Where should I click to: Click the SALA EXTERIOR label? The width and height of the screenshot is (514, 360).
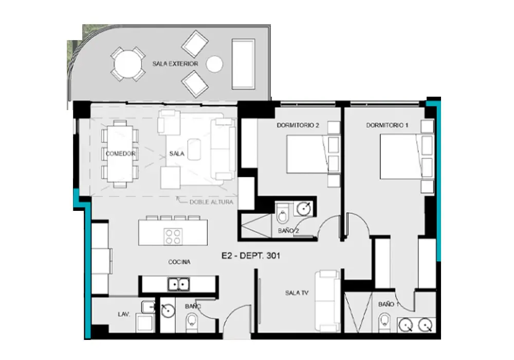click(x=175, y=64)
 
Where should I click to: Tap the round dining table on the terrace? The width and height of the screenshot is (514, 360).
click(x=127, y=64)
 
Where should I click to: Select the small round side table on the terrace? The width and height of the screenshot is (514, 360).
click(x=215, y=64)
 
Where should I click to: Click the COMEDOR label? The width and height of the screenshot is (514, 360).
click(x=120, y=153)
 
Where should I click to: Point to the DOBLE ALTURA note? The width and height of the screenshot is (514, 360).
click(x=211, y=202)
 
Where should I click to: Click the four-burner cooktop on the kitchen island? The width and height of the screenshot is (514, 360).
click(x=173, y=237)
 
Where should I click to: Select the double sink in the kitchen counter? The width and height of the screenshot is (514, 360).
click(x=179, y=284)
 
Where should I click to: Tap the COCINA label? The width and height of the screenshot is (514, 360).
click(x=179, y=262)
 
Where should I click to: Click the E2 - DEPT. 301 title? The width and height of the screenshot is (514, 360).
click(x=251, y=256)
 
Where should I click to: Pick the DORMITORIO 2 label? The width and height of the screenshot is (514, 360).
click(x=298, y=125)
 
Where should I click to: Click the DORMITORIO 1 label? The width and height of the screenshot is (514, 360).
click(x=387, y=125)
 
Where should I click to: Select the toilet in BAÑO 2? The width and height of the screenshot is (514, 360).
click(x=282, y=213)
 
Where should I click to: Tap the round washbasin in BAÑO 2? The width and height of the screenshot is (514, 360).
click(x=304, y=208)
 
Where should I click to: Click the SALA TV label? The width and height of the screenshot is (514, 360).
click(x=297, y=293)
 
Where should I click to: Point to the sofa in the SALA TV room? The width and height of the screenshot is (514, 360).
click(x=327, y=301)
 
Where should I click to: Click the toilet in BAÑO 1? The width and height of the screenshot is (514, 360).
click(x=384, y=322)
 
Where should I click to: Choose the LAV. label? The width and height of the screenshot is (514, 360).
click(x=124, y=314)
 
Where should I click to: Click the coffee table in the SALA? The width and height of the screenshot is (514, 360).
click(x=194, y=150)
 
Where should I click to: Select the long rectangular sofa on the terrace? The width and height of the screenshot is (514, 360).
click(x=243, y=64)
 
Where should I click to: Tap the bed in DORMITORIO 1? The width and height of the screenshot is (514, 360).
click(x=407, y=156)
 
